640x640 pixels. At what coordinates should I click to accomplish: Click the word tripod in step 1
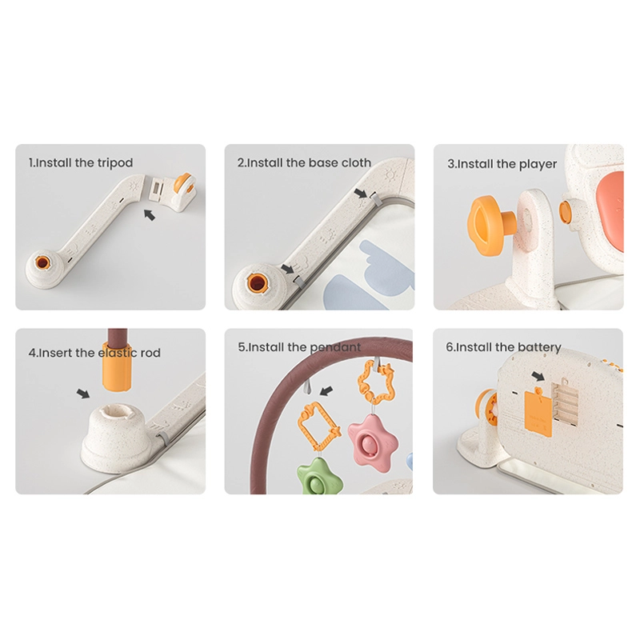[114, 163]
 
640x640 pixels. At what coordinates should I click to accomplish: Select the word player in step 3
[538, 164]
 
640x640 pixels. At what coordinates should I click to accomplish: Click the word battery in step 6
[538, 347]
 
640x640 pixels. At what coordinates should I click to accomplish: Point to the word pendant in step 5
[335, 347]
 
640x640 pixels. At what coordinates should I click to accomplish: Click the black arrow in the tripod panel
[150, 214]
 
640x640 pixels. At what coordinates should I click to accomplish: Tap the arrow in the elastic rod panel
[83, 394]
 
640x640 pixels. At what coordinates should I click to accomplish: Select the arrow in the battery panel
[538, 375]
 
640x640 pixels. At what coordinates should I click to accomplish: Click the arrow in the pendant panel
[326, 391]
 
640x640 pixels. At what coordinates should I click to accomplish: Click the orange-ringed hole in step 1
[42, 262]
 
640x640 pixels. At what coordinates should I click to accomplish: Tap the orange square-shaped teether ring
[318, 426]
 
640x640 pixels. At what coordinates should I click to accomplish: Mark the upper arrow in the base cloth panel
[361, 193]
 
